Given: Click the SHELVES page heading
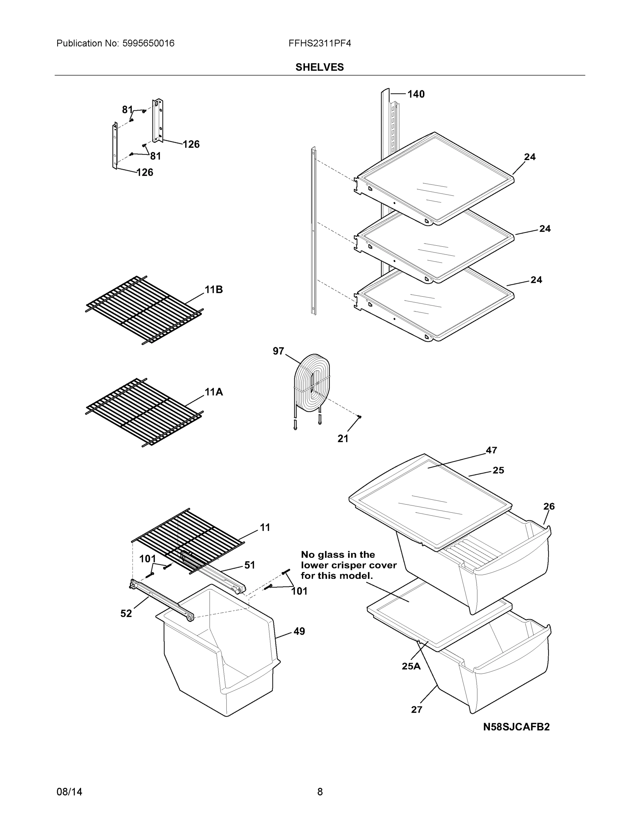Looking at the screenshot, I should coord(319,67).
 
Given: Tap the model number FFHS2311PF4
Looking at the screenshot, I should coord(319,43).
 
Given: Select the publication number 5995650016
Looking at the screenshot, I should coord(148,43).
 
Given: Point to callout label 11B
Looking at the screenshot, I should coord(214,290).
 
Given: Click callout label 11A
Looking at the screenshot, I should coord(214,392).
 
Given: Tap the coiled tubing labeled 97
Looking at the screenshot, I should coord(312,384).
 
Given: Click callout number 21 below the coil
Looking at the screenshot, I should coord(342,438).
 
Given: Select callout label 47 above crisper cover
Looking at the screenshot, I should coord(491,450).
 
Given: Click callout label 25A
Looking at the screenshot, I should coord(411,666).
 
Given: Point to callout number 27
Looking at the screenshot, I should coord(416,710).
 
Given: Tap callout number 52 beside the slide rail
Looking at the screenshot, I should coord(126,613).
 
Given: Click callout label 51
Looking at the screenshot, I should coord(249,565).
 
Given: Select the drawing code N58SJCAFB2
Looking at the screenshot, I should coord(516,727).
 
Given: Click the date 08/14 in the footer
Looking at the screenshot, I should coord(69,792).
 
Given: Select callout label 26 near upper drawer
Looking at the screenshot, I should coord(549,506).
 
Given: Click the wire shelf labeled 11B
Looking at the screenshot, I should coord(144,310).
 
